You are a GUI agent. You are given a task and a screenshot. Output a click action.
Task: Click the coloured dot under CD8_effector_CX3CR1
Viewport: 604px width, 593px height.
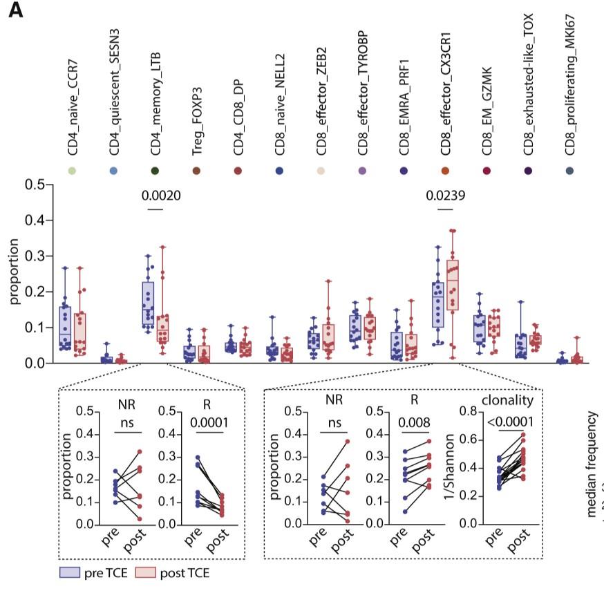(446, 171)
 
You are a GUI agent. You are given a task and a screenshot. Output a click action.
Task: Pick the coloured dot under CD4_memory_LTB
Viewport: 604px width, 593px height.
(155, 171)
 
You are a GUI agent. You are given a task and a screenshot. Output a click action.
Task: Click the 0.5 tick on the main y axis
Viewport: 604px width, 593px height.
(35, 185)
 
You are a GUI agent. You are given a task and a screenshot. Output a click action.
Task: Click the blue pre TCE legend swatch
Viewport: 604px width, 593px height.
(70, 572)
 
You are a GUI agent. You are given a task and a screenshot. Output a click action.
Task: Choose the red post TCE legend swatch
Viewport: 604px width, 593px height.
(147, 572)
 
